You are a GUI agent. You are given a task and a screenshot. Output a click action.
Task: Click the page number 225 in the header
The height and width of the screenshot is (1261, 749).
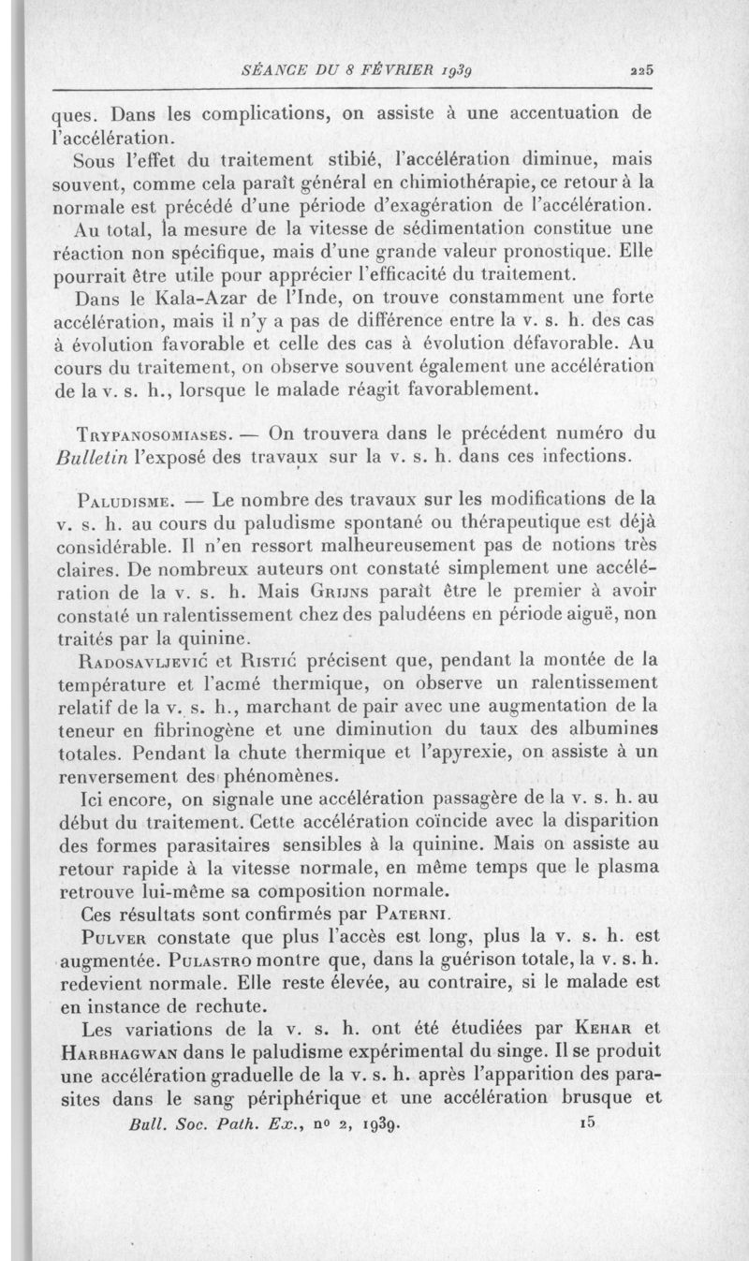point(641,68)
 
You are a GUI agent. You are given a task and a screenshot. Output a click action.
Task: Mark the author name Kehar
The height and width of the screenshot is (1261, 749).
point(595,1027)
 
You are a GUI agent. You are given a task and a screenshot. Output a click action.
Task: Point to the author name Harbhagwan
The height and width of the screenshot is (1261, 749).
point(118,1050)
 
